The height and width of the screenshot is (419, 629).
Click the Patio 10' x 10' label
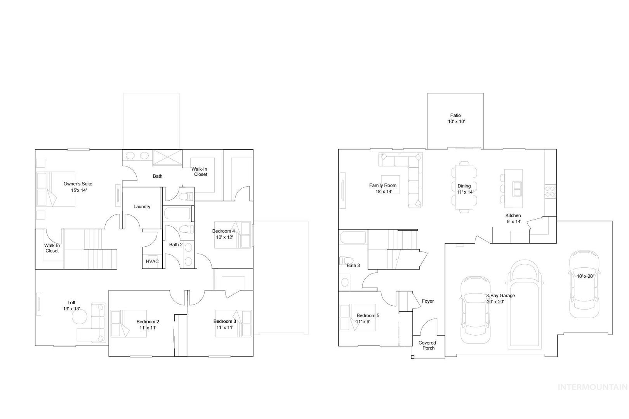(456, 118)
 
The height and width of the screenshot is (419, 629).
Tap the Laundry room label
(142, 206)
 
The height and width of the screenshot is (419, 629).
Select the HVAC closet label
(152, 261)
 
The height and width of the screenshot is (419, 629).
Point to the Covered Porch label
(427, 345)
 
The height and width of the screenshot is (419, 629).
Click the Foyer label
(427, 301)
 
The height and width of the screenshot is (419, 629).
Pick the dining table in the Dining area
(464, 187)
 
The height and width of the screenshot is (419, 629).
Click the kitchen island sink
(517, 189)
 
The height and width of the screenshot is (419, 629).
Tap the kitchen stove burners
(550, 191)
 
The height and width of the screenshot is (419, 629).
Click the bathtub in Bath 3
(353, 237)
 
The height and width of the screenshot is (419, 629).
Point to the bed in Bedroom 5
(358, 317)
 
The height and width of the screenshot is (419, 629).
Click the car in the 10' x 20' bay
(584, 284)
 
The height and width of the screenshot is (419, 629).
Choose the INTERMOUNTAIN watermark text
(593, 387)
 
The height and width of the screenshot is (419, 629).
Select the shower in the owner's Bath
(167, 158)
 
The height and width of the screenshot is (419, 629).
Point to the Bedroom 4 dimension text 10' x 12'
(224, 237)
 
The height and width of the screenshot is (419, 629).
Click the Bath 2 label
(176, 245)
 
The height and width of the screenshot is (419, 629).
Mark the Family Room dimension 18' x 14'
(384, 192)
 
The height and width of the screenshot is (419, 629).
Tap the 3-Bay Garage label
(500, 296)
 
